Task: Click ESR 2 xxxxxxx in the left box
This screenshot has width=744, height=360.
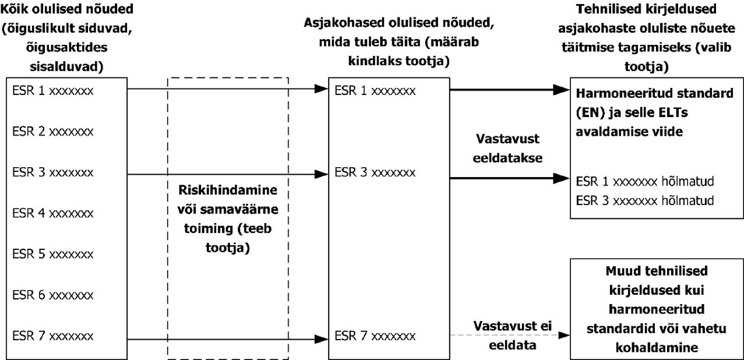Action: (x=53, y=132)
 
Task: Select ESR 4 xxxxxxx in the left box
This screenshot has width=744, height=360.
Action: (x=53, y=213)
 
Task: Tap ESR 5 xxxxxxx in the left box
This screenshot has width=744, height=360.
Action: (x=53, y=254)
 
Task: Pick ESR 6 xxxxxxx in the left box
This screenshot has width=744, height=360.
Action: (x=53, y=295)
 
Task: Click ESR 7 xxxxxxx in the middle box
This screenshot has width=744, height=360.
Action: (x=375, y=336)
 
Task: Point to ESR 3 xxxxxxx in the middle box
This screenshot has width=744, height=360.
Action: (x=375, y=172)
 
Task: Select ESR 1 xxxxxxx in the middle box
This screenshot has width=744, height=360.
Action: (x=375, y=91)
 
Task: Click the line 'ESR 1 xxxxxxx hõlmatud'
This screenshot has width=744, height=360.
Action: (x=645, y=181)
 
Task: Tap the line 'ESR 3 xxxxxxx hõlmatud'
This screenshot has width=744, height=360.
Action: (x=645, y=200)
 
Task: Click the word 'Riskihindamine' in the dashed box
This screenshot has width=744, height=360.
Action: (x=228, y=190)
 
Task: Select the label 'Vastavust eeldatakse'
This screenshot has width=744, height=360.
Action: (x=507, y=148)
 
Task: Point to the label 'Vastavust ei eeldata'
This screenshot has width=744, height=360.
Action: (x=513, y=336)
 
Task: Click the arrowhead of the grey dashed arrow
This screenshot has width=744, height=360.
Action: (x=564, y=335)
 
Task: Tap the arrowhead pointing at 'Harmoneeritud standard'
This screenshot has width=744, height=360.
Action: (x=561, y=90)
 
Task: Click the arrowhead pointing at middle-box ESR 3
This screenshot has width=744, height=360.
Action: (x=322, y=174)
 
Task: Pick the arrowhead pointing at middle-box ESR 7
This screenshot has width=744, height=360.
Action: (x=322, y=339)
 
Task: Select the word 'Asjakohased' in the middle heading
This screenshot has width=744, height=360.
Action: (x=344, y=23)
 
